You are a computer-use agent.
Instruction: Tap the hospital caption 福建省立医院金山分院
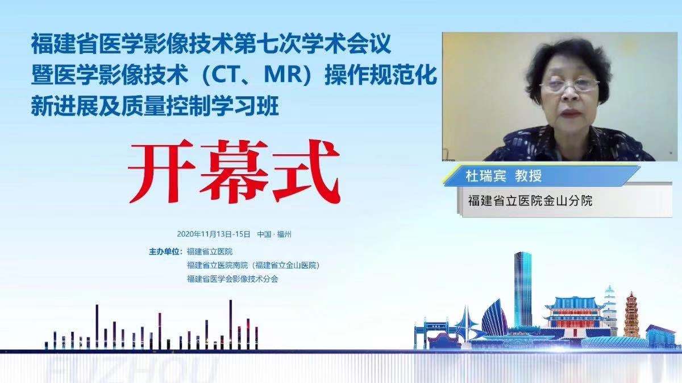pyautogui.click(x=530, y=200)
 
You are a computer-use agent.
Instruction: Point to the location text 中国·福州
pyautogui.click(x=274, y=234)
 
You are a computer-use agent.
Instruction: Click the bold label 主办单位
pyautogui.click(x=164, y=251)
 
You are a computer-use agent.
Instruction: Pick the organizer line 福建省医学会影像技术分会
pyautogui.click(x=232, y=279)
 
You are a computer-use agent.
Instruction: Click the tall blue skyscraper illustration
pyautogui.click(x=522, y=290)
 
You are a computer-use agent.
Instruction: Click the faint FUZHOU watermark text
pyautogui.click(x=131, y=370)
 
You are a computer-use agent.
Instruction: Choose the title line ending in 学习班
pyautogui.click(x=155, y=106)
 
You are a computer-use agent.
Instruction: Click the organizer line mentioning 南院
pyautogui.click(x=253, y=265)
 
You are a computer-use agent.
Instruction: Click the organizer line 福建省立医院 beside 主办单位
pyautogui.click(x=210, y=251)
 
